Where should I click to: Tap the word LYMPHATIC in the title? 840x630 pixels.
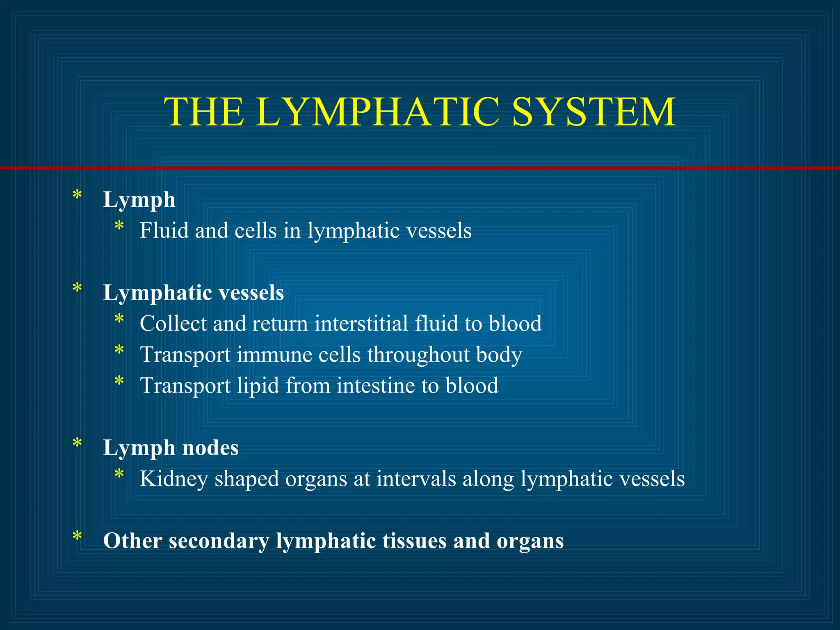(377, 112)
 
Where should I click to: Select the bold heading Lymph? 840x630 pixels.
(139, 201)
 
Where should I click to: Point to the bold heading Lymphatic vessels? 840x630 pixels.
(193, 293)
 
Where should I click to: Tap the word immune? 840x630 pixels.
(274, 355)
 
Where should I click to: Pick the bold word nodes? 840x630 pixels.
(210, 448)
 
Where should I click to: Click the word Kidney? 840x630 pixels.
(173, 479)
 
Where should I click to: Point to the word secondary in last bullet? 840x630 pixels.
(219, 541)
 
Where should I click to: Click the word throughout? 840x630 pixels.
(418, 355)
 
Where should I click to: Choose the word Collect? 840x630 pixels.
(173, 324)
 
